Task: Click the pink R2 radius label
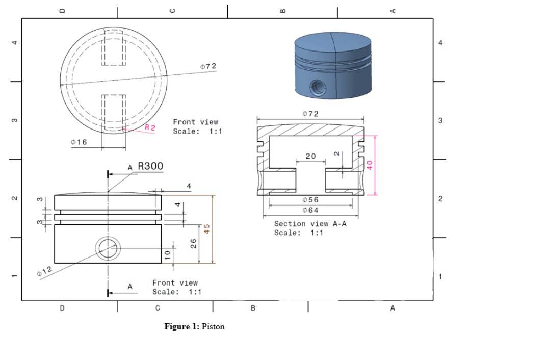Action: click(150, 127)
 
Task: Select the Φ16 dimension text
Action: click(79, 142)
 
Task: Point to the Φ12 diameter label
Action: click(45, 273)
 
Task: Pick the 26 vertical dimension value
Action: click(193, 244)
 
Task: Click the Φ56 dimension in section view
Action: click(310, 200)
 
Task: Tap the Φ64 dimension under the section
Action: click(310, 210)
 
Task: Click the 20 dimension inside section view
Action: click(310, 156)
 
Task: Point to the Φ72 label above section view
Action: click(310, 113)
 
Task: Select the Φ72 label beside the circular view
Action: click(208, 66)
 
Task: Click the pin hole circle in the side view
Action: click(108, 248)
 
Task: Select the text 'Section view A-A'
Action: click(310, 224)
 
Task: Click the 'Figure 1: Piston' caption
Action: click(194, 326)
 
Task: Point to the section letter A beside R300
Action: click(130, 167)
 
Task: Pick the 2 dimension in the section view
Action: click(336, 153)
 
